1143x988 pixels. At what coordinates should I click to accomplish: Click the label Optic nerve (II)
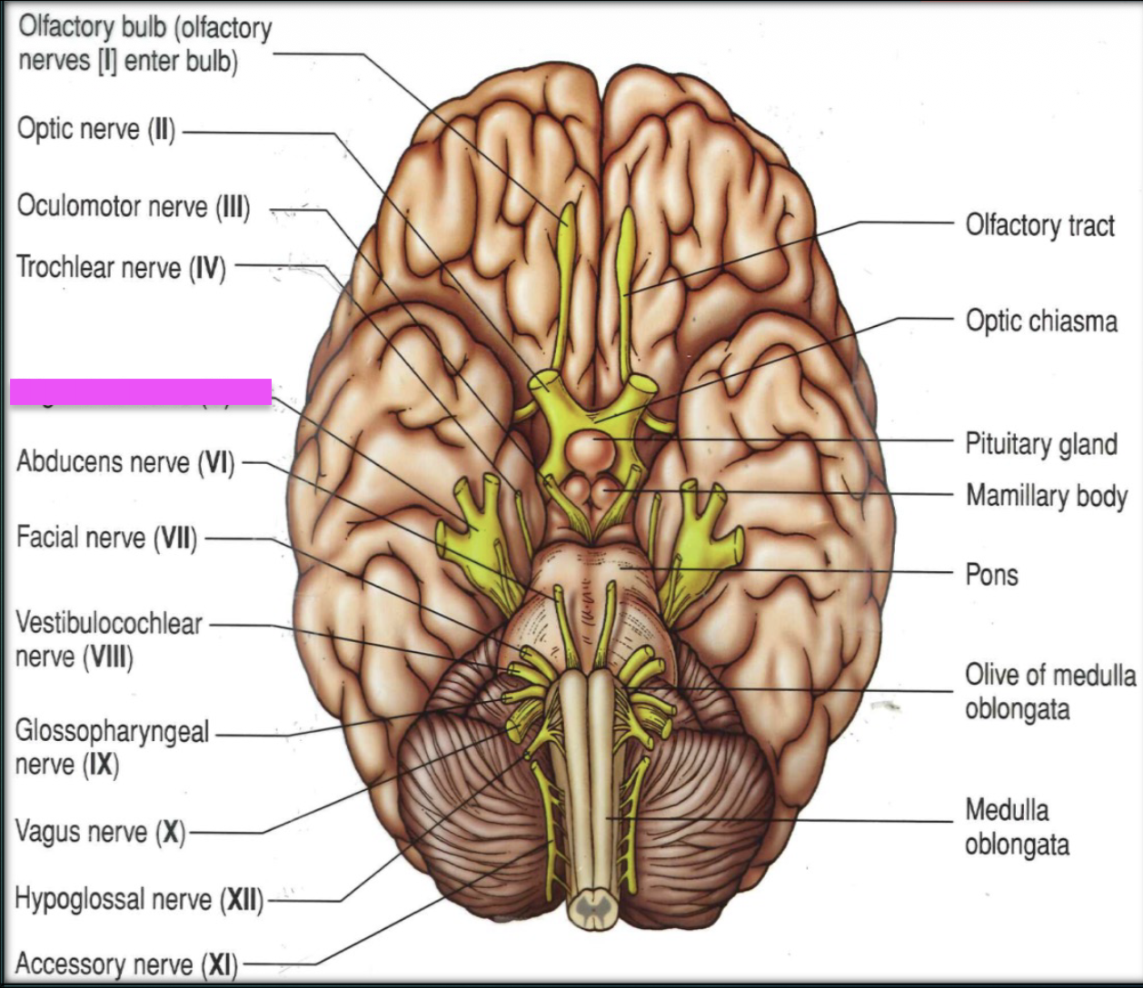(96, 130)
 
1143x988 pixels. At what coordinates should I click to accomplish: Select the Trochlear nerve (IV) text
(121, 268)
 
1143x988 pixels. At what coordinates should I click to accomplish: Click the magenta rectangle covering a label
(141, 391)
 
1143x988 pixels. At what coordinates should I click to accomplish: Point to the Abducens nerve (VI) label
(125, 462)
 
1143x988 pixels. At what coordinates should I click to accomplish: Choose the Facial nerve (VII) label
(106, 538)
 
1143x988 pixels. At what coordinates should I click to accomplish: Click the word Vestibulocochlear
(109, 624)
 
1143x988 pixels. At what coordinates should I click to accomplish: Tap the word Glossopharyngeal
(113, 732)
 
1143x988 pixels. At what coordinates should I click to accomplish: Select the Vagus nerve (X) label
(100, 832)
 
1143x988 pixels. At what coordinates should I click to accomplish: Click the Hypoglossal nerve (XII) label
(139, 900)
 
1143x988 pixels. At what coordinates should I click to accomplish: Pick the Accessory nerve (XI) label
(126, 964)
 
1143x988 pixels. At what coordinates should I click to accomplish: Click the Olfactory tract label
(1039, 225)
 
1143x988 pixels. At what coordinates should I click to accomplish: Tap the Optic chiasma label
(1041, 321)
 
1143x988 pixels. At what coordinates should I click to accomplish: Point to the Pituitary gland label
(1041, 444)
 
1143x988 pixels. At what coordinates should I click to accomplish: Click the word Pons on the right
(991, 575)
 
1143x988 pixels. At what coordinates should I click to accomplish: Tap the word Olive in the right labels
(988, 676)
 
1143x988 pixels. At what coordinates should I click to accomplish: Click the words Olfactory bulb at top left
(92, 27)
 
